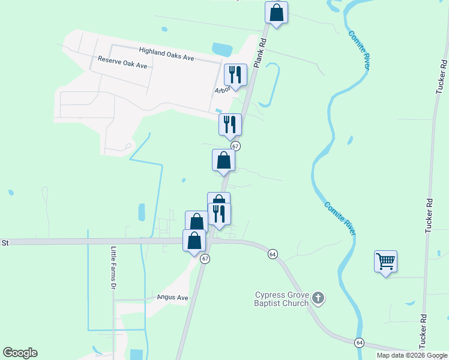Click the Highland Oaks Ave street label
tap(166, 54)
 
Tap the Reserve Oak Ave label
tap(122, 62)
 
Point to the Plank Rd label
tap(261, 53)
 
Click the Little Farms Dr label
tap(113, 268)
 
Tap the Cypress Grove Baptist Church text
tap(282, 299)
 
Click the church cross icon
tap(319, 297)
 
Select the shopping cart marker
tap(385, 261)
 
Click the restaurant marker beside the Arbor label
tap(235, 75)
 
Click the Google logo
tap(20, 353)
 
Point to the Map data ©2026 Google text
tap(412, 355)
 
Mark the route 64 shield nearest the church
tap(273, 254)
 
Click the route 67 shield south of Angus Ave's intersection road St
tap(205, 259)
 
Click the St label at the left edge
tap(5, 243)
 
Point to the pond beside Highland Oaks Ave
tap(221, 50)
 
